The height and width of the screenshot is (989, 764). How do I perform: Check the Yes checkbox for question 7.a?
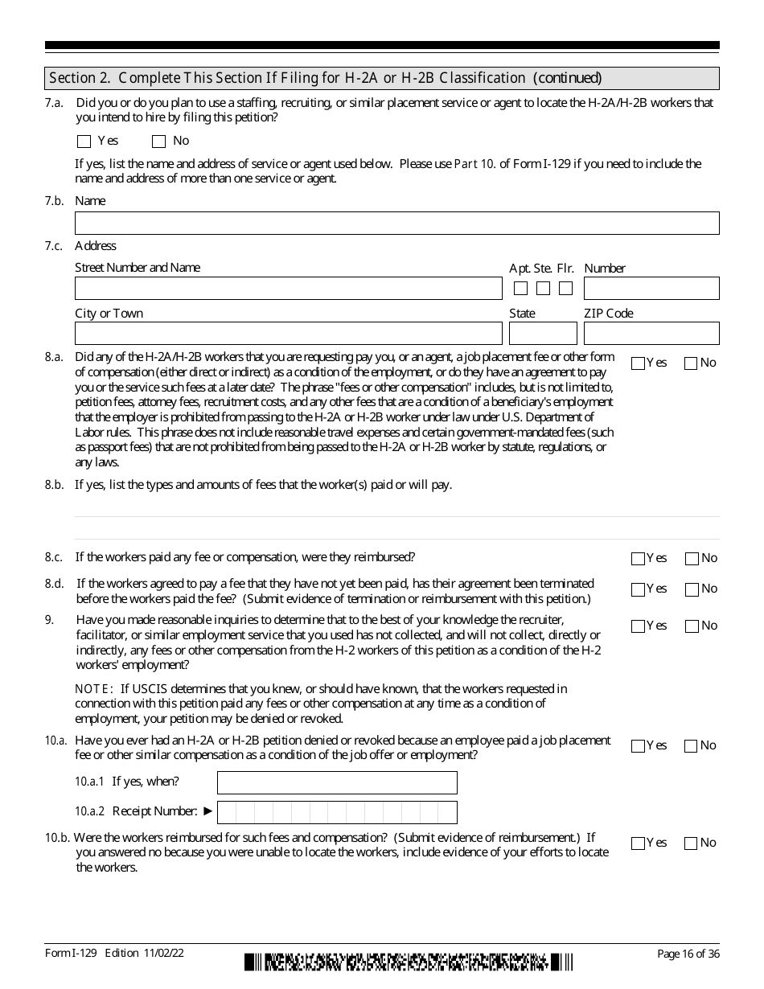click(84, 142)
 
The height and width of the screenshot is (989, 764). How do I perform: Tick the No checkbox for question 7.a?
click(159, 142)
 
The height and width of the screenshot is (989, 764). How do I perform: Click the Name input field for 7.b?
click(396, 224)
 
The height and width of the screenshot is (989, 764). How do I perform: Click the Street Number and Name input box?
click(288, 289)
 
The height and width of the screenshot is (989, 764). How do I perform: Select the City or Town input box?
click(288, 334)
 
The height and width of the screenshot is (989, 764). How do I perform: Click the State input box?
click(543, 334)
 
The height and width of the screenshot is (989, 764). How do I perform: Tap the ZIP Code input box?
click(651, 334)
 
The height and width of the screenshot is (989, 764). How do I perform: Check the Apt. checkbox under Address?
click(521, 288)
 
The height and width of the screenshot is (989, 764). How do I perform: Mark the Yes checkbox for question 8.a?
click(639, 363)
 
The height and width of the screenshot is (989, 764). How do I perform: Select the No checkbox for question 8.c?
click(691, 559)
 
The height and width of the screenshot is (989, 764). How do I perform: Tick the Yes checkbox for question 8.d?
click(639, 589)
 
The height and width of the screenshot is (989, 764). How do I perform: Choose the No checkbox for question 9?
click(691, 626)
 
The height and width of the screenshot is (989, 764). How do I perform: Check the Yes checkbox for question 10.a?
click(639, 746)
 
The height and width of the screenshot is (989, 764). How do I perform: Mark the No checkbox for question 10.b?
click(691, 843)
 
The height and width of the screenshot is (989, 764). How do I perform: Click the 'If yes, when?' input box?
click(337, 782)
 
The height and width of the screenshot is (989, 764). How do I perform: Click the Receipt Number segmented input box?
click(337, 812)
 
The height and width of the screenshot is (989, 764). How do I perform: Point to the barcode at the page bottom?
click(409, 962)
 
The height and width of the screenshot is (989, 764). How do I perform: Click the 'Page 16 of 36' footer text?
click(688, 954)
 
